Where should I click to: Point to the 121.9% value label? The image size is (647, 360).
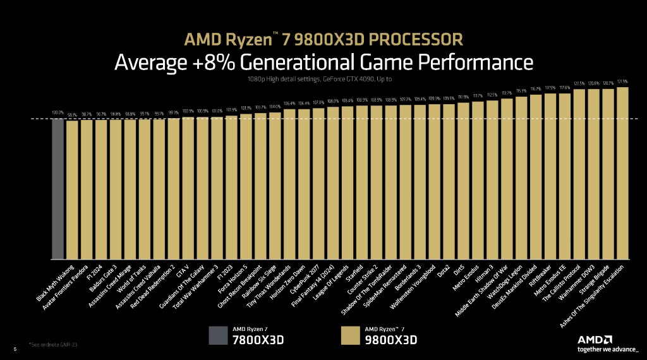pos(622,81)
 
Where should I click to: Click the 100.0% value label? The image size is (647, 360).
pos(57,113)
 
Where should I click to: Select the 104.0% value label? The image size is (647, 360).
pos(275,107)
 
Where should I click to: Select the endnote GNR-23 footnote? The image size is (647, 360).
pos(56,344)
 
